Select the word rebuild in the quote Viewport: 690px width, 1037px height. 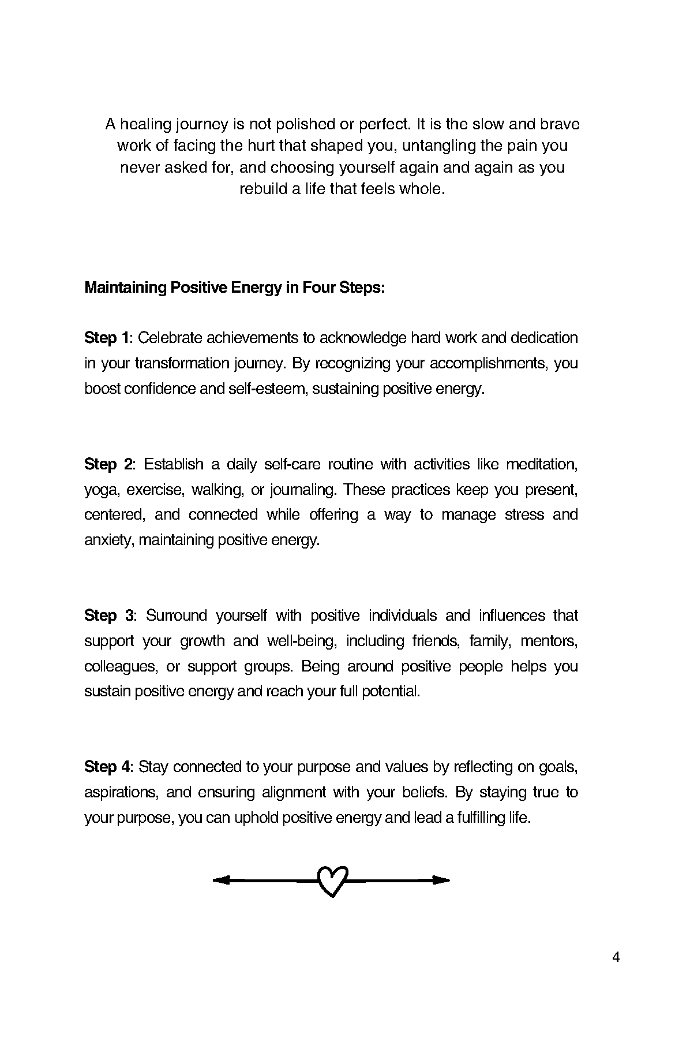point(263,189)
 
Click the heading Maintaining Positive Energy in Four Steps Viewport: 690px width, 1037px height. point(234,288)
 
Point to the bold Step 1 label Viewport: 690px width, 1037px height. point(108,338)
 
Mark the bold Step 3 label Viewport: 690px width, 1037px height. point(109,616)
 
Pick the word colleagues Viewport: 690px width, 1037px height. point(120,666)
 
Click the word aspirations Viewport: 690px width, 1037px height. point(121,792)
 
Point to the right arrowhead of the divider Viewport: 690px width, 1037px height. point(441,880)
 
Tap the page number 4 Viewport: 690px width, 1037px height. point(616,958)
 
